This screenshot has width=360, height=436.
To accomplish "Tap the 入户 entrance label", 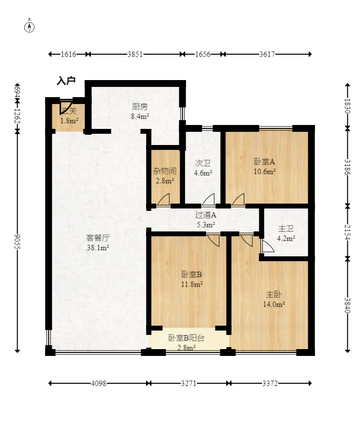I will (x=66, y=81).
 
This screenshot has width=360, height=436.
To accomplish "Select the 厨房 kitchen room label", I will (x=140, y=111).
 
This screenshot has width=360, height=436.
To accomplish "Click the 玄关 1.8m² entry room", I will (x=69, y=116).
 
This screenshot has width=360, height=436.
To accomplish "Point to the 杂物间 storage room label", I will (x=165, y=176).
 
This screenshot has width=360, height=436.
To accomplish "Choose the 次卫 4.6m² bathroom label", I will (x=203, y=167).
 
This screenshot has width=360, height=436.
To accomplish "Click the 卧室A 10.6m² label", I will (x=265, y=166).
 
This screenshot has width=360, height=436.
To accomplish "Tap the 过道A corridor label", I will (x=206, y=220).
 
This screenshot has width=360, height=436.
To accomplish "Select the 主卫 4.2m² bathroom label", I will (x=286, y=233).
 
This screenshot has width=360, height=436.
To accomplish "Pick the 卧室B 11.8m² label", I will (x=191, y=278).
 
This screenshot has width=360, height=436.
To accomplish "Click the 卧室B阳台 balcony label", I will (x=186, y=342).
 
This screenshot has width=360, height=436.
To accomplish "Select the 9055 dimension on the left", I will (x=18, y=241).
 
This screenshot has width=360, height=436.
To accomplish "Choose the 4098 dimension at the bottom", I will (x=98, y=383).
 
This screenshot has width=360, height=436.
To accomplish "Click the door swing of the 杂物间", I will (x=164, y=200).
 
